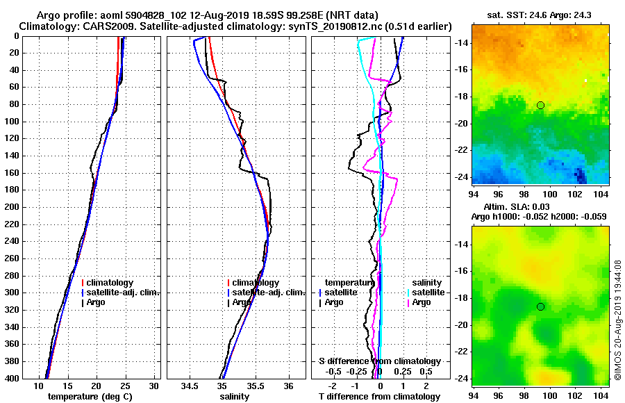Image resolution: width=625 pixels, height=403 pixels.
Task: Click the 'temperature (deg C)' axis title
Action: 90,397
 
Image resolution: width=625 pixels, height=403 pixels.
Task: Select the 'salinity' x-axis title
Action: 234,397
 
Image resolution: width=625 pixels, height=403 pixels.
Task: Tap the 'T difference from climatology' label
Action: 379,397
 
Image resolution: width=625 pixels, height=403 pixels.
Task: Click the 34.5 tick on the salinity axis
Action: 190,386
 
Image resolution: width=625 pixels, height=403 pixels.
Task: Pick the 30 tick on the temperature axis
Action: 153,386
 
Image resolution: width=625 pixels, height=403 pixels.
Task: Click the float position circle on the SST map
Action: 540,105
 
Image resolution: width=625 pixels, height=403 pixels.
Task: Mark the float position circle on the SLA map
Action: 540,306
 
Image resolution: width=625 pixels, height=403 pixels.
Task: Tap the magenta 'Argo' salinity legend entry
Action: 422,302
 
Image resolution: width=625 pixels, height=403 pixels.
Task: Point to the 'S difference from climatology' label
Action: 379,361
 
